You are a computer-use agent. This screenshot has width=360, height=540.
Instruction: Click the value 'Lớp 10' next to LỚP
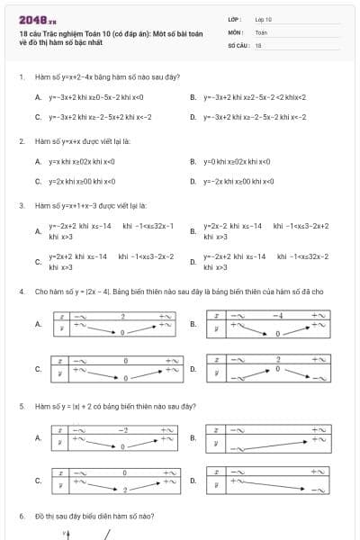(x=264, y=19)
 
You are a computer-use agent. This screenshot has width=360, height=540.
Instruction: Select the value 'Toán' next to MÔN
(x=262, y=31)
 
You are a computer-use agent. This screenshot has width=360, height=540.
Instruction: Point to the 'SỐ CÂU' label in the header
(x=238, y=44)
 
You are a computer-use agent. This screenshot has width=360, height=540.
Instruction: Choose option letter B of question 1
(x=193, y=97)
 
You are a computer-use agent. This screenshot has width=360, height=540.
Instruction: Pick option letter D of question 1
(x=193, y=117)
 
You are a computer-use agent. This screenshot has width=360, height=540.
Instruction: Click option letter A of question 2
(x=38, y=162)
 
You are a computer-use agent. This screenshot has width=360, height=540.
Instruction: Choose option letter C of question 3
(x=38, y=262)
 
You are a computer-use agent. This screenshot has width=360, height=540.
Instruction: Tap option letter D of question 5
(x=193, y=481)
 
